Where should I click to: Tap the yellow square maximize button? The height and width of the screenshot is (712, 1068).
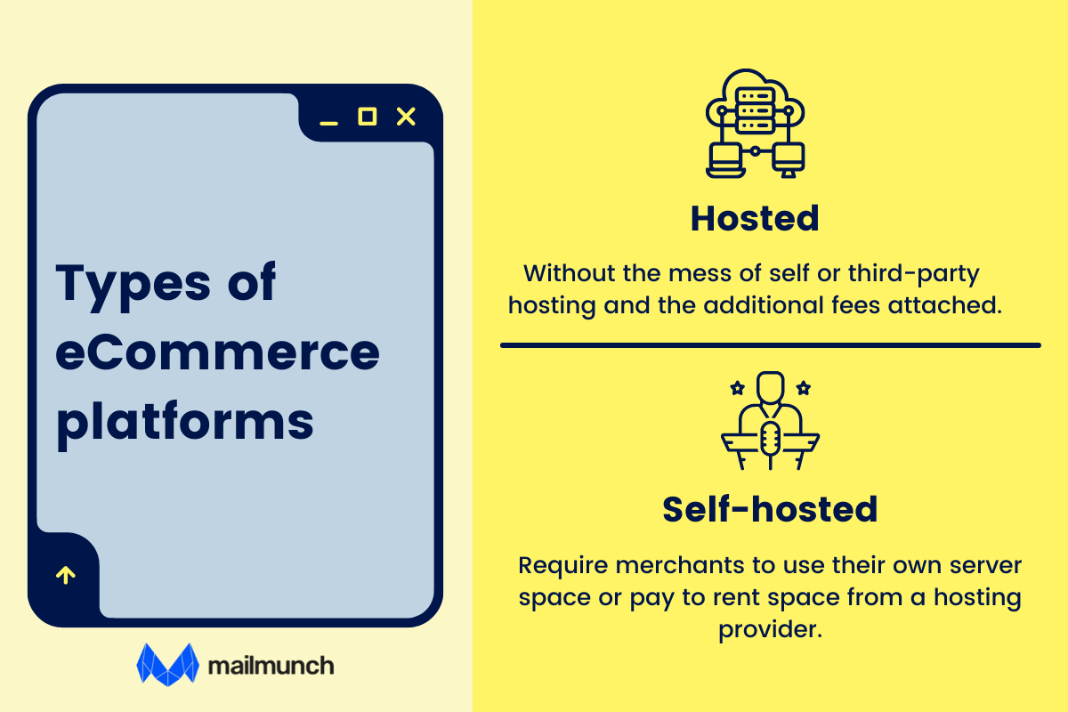point(367,117)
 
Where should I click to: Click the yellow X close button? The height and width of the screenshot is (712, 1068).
point(406,117)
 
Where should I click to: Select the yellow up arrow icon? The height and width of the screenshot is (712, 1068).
point(65,575)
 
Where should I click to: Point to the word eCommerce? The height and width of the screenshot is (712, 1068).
point(217,352)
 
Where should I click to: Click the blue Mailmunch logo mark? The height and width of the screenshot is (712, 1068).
point(166,664)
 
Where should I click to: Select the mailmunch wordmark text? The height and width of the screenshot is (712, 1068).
point(270,665)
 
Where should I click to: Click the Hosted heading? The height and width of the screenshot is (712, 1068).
point(755,219)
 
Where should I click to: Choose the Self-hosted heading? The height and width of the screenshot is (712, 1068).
point(770,509)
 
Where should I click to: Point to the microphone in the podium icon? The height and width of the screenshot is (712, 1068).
point(770,439)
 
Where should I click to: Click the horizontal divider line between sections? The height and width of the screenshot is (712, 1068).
point(770,344)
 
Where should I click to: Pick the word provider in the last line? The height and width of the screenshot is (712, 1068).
point(769,630)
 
